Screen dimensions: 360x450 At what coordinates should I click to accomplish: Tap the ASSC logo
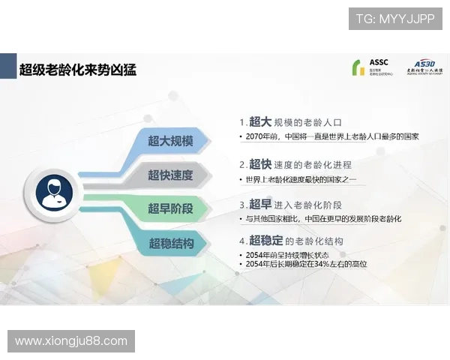click(374, 67)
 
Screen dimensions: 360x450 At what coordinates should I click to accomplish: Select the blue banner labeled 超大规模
click(170, 141)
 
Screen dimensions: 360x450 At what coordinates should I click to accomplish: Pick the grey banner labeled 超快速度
click(170, 175)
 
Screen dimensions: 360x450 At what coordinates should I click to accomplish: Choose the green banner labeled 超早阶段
click(170, 209)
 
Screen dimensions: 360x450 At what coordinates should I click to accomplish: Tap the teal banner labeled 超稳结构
click(170, 244)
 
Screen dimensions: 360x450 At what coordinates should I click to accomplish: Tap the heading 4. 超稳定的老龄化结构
click(297, 241)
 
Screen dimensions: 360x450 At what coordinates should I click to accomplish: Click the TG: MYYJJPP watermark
click(394, 19)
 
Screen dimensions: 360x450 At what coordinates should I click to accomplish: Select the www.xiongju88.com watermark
click(71, 341)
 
